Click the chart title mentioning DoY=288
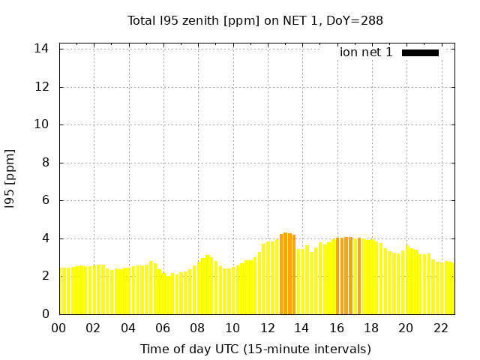click(x=255, y=20)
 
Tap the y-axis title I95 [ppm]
click(x=10, y=178)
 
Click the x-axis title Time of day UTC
click(x=255, y=349)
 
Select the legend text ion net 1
click(x=366, y=52)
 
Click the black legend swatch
click(x=420, y=52)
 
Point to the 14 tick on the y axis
click(x=42, y=49)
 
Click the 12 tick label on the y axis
click(x=42, y=87)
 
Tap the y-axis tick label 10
click(x=42, y=124)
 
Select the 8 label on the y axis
click(x=46, y=163)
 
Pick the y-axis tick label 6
click(x=46, y=200)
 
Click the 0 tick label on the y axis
click(x=46, y=314)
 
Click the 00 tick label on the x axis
click(x=59, y=328)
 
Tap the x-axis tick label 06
click(x=163, y=328)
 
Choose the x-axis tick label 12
click(x=268, y=328)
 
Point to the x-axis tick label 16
click(x=337, y=328)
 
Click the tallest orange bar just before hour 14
click(x=286, y=274)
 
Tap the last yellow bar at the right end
click(x=451, y=289)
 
